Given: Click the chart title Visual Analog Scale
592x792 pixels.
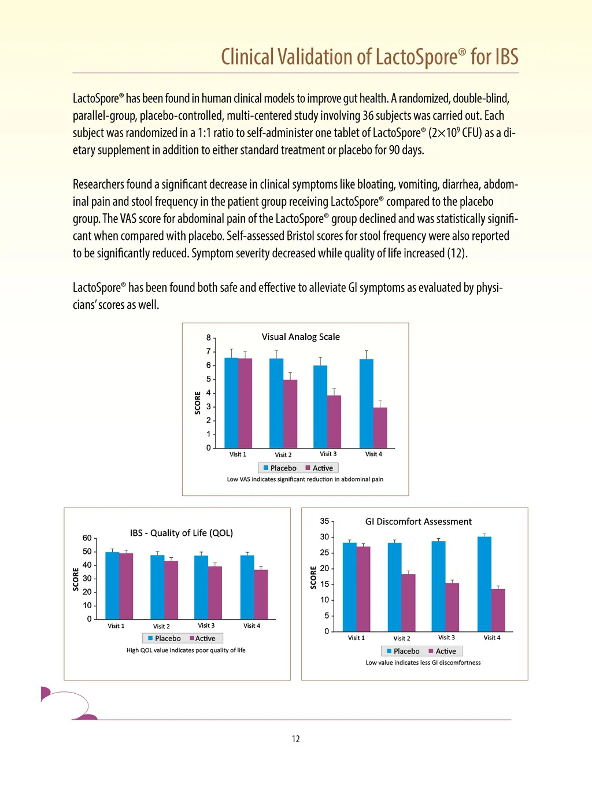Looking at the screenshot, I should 301,337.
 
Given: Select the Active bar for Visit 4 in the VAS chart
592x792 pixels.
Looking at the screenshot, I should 380,428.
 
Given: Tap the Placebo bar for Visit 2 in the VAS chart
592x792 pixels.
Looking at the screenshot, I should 276,403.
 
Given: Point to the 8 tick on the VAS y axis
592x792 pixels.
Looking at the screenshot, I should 209,338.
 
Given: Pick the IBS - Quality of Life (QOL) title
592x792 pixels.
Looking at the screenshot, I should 182,533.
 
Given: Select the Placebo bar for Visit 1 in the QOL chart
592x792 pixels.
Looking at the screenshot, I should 112,585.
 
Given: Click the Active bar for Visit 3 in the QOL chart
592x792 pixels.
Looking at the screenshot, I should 215,593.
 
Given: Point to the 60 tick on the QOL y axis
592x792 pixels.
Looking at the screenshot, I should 87,538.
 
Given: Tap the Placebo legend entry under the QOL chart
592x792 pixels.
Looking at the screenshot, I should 164,639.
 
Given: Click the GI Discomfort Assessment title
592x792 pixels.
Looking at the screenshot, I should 419,521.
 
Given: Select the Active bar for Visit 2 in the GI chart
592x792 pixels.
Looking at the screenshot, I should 409,602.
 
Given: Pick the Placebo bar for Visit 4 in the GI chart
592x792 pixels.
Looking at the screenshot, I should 484,584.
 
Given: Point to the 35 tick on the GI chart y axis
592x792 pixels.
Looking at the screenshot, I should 325,521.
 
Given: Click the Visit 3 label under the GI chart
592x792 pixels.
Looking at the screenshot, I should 446,638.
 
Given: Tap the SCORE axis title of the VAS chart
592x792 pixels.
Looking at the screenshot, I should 198,403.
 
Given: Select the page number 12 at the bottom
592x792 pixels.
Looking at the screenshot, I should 296,739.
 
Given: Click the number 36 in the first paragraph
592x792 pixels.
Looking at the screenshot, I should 368,116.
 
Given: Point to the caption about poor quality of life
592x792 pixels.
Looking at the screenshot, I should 186,650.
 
